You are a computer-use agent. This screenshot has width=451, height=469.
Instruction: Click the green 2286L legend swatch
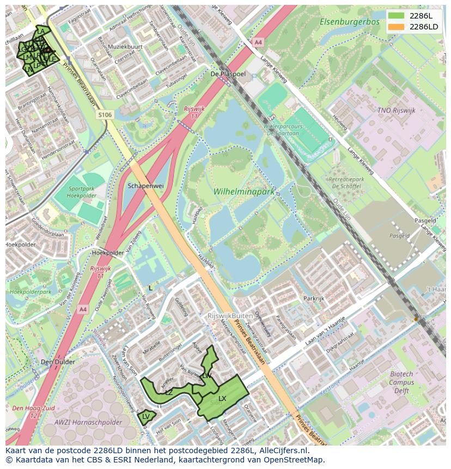(x=397, y=16)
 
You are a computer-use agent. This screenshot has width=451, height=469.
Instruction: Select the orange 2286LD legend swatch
(x=397, y=27)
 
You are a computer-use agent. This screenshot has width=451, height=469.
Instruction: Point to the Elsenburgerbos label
(x=349, y=22)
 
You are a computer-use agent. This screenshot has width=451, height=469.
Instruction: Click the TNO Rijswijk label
(x=396, y=111)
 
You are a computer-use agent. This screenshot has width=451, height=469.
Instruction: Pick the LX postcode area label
(x=222, y=399)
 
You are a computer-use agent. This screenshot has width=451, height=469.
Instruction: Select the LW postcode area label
(x=207, y=376)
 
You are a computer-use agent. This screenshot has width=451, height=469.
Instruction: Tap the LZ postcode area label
(x=169, y=392)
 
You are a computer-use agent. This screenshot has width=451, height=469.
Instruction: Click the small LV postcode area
(x=146, y=417)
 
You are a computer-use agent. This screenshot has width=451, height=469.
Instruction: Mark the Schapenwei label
(x=145, y=186)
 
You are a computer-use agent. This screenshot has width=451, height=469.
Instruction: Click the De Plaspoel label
(x=228, y=74)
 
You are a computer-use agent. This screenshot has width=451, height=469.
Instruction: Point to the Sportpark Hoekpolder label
(x=82, y=191)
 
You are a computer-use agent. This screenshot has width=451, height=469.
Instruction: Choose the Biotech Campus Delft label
(x=401, y=382)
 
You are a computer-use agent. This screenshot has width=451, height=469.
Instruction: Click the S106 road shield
(x=105, y=115)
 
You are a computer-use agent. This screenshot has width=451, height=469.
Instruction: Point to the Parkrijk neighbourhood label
(x=314, y=299)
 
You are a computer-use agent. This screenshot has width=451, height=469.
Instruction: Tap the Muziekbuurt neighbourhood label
(x=125, y=47)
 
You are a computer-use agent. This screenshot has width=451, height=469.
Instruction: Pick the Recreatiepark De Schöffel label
(x=346, y=183)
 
